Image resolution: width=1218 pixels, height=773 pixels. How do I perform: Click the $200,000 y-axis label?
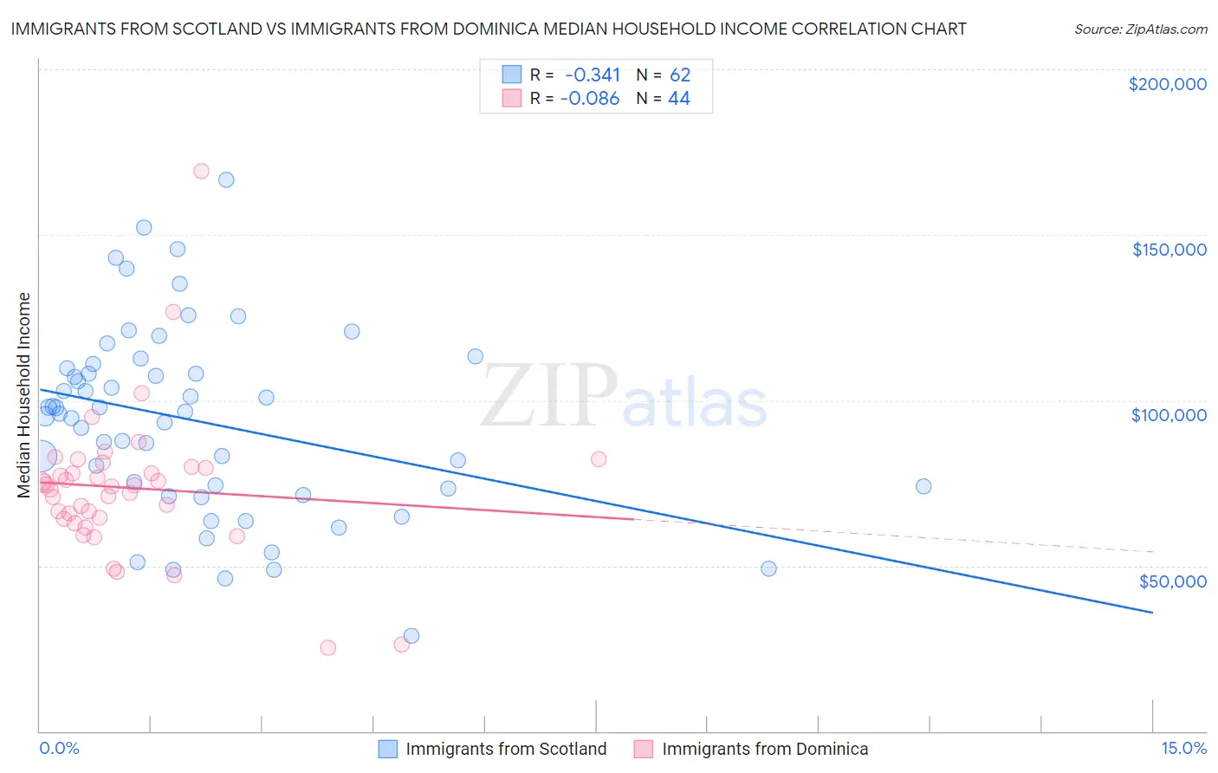(x=1167, y=84)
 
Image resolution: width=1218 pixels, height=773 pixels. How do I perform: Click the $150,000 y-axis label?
(x=1169, y=250)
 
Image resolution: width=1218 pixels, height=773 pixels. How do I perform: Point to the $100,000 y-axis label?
(x=1169, y=415)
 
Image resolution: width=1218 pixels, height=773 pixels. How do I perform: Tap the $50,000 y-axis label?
(x=1172, y=581)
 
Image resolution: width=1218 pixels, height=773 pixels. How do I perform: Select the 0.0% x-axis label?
(x=59, y=748)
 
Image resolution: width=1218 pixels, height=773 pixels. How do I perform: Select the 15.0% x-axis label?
(x=1183, y=748)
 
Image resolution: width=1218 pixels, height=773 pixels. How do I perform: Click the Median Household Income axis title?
(x=24, y=395)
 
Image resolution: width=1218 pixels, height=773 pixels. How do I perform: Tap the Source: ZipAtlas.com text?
(x=1140, y=29)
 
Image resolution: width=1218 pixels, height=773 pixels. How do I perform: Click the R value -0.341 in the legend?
(x=593, y=75)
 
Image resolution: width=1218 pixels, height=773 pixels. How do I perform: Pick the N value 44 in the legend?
(x=679, y=99)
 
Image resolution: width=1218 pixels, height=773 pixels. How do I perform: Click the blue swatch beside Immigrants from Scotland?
(x=387, y=749)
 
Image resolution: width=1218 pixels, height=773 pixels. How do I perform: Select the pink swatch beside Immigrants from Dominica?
(x=643, y=749)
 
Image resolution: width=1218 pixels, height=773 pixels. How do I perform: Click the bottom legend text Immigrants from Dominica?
(x=765, y=749)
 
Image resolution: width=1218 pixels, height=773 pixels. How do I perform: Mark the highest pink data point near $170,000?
(x=201, y=171)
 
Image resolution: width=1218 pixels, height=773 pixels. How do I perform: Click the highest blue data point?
(x=226, y=179)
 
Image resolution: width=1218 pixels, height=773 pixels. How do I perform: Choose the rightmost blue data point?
(x=923, y=486)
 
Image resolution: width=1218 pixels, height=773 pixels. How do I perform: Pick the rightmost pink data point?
(x=599, y=459)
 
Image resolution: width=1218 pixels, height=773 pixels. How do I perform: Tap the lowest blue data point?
(x=411, y=635)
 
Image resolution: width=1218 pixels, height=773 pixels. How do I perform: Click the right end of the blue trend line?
(x=1152, y=613)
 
